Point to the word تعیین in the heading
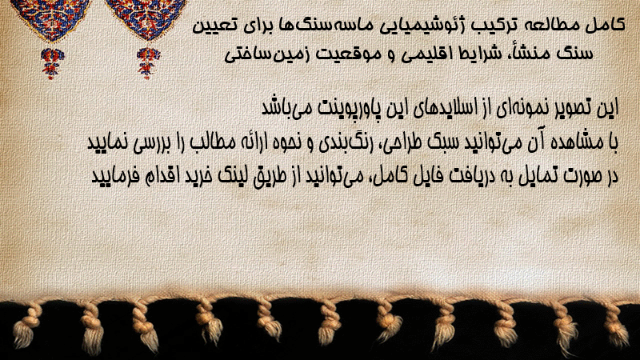(213, 26)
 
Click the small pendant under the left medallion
(52, 63)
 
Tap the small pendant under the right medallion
(148, 63)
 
